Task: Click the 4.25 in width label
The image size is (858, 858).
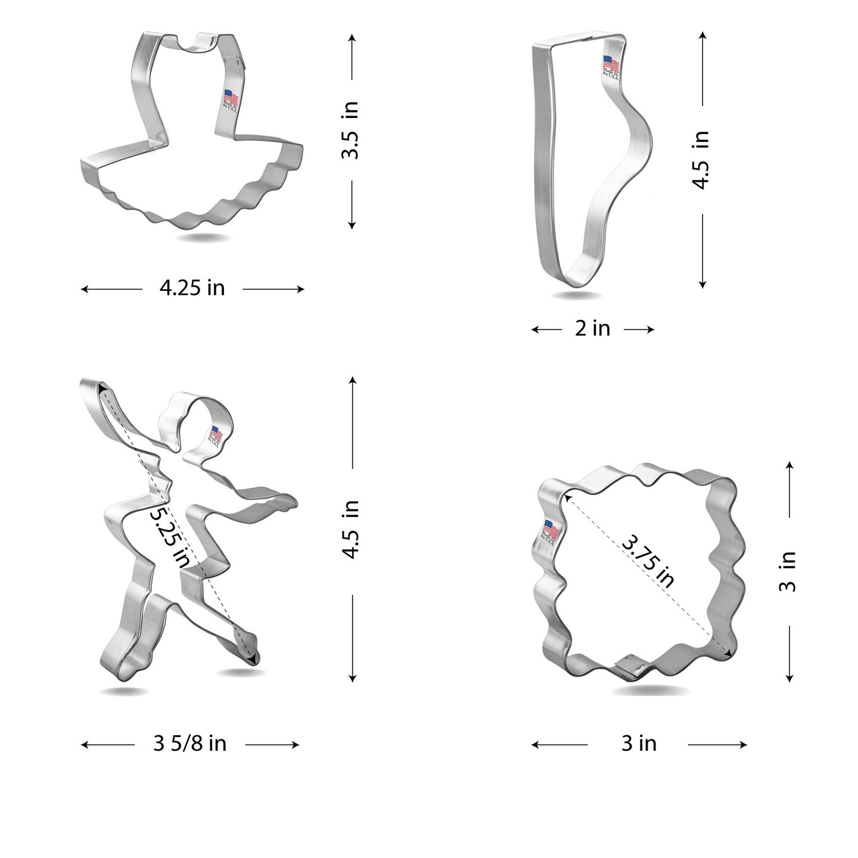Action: tap(192, 288)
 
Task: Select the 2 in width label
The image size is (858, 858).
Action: tap(592, 328)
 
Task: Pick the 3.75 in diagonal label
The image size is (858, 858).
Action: tap(648, 561)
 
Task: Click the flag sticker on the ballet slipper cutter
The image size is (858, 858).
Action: tap(611, 67)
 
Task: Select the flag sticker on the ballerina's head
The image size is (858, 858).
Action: tap(215, 436)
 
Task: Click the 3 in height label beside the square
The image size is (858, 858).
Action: tap(788, 571)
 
